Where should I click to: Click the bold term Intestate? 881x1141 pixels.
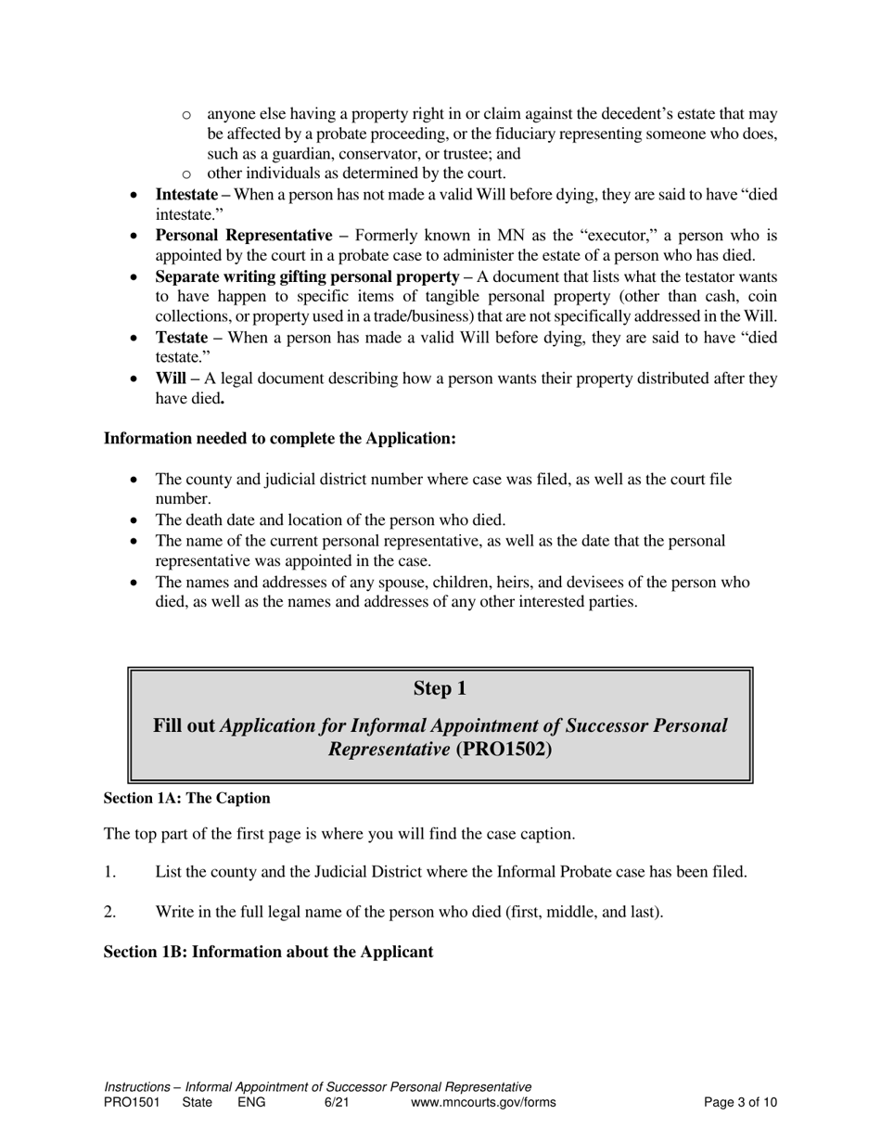[x=186, y=195]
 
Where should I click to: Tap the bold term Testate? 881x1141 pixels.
[x=181, y=338]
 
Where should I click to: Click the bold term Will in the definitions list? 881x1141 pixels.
[x=172, y=378]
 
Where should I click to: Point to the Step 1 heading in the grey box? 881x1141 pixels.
[x=440, y=688]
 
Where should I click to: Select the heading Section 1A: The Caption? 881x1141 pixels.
[x=186, y=798]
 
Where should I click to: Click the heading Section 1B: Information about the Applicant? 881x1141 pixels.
[x=268, y=952]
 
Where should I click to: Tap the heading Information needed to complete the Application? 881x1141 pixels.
[x=279, y=438]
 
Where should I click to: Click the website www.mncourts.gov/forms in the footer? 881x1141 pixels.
[x=483, y=1102]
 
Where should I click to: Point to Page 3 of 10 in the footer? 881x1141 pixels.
[x=740, y=1102]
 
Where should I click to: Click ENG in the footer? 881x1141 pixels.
[x=251, y=1102]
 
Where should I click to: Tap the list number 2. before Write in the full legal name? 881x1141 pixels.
[x=109, y=912]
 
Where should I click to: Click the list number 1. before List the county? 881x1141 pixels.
[x=109, y=872]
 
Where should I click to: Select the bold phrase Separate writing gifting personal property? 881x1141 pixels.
[x=307, y=276]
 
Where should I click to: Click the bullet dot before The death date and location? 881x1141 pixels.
[x=134, y=520]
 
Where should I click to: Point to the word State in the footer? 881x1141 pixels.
[x=197, y=1102]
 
